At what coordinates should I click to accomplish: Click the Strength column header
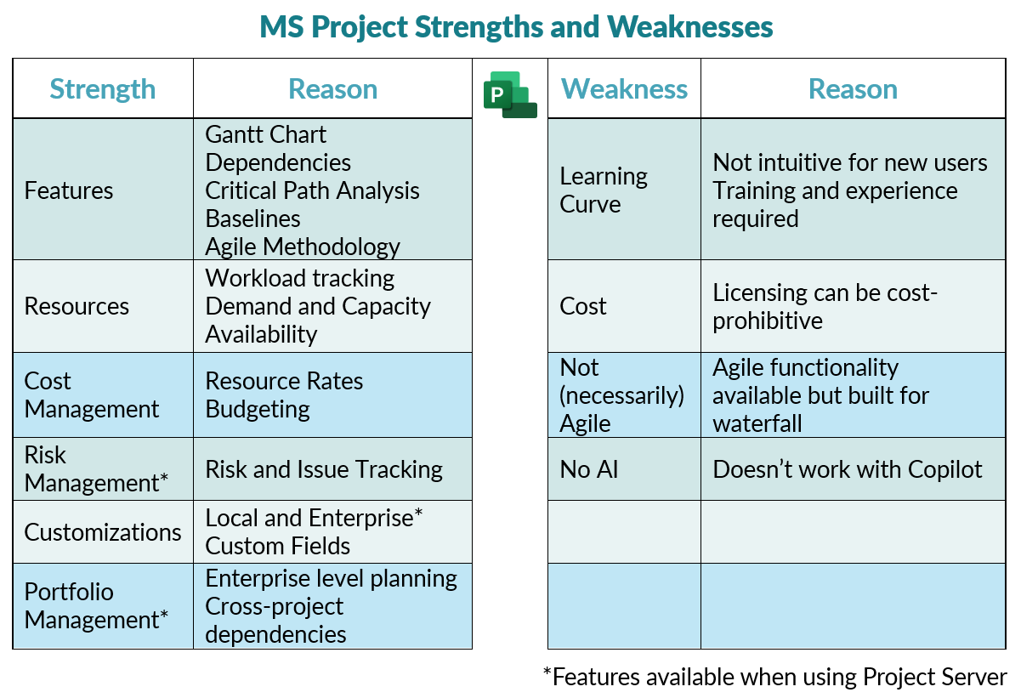103,89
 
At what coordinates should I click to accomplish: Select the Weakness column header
625,89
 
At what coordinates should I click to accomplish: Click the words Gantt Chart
266,134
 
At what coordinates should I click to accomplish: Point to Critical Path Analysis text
313,190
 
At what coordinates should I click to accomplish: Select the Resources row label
77,306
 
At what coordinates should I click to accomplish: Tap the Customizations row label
103,532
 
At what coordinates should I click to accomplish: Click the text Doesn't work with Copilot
848,469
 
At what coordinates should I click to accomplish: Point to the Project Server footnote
774,677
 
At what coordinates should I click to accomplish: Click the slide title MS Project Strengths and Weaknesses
516,27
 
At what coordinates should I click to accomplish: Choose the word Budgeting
258,409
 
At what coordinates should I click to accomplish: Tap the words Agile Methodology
303,247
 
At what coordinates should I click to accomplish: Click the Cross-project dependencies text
275,621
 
